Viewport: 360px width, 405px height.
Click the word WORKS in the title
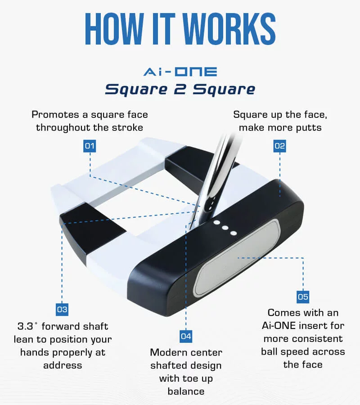tap(230, 29)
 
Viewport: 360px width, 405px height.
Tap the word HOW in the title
tap(114, 29)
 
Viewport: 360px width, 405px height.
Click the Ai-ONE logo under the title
tap(180, 72)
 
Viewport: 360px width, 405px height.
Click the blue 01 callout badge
tap(90, 146)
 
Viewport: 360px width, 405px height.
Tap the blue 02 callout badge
tap(280, 146)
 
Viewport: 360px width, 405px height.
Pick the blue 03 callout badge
tap(62, 310)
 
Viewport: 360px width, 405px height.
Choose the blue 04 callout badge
tap(186, 336)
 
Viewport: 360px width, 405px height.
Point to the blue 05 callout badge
tap(303, 297)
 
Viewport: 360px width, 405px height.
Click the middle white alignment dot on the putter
tap(225, 228)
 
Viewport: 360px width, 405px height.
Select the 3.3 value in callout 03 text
tap(25, 326)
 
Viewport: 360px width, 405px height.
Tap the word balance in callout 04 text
tap(186, 391)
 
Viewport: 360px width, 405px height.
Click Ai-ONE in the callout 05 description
tap(279, 326)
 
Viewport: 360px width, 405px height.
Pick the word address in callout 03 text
tap(63, 365)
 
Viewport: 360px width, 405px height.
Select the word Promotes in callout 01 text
tap(55, 114)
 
